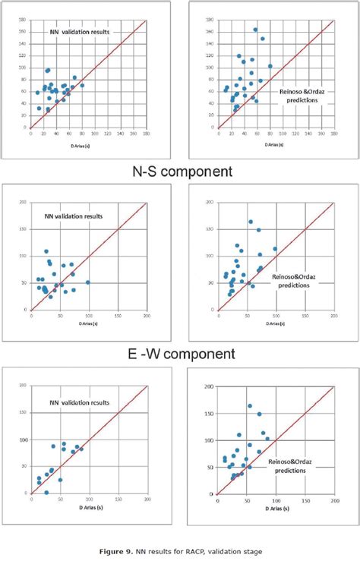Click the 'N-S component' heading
tap(179, 172)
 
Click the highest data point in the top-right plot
tap(255, 30)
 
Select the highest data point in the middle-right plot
tap(251, 222)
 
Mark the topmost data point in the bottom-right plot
tap(250, 406)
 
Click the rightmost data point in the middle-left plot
tap(88, 282)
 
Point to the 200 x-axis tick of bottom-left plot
tap(147, 500)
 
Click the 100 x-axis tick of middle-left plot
tap(89, 315)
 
